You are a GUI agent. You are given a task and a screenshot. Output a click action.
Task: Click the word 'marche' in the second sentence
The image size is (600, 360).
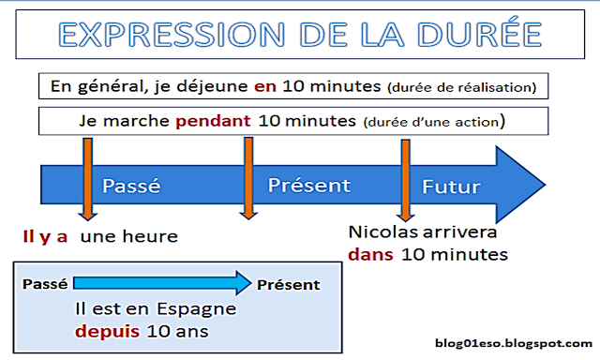coord(147,121)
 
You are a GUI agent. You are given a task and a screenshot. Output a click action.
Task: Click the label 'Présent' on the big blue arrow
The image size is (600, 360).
coord(308,185)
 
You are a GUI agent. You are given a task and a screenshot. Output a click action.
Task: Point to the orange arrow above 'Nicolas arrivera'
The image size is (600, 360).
coord(405,178)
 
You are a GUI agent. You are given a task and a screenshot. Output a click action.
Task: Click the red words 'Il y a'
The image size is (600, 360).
coord(46,236)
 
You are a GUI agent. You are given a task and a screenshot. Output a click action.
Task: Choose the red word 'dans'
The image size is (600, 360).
coord(368,254)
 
